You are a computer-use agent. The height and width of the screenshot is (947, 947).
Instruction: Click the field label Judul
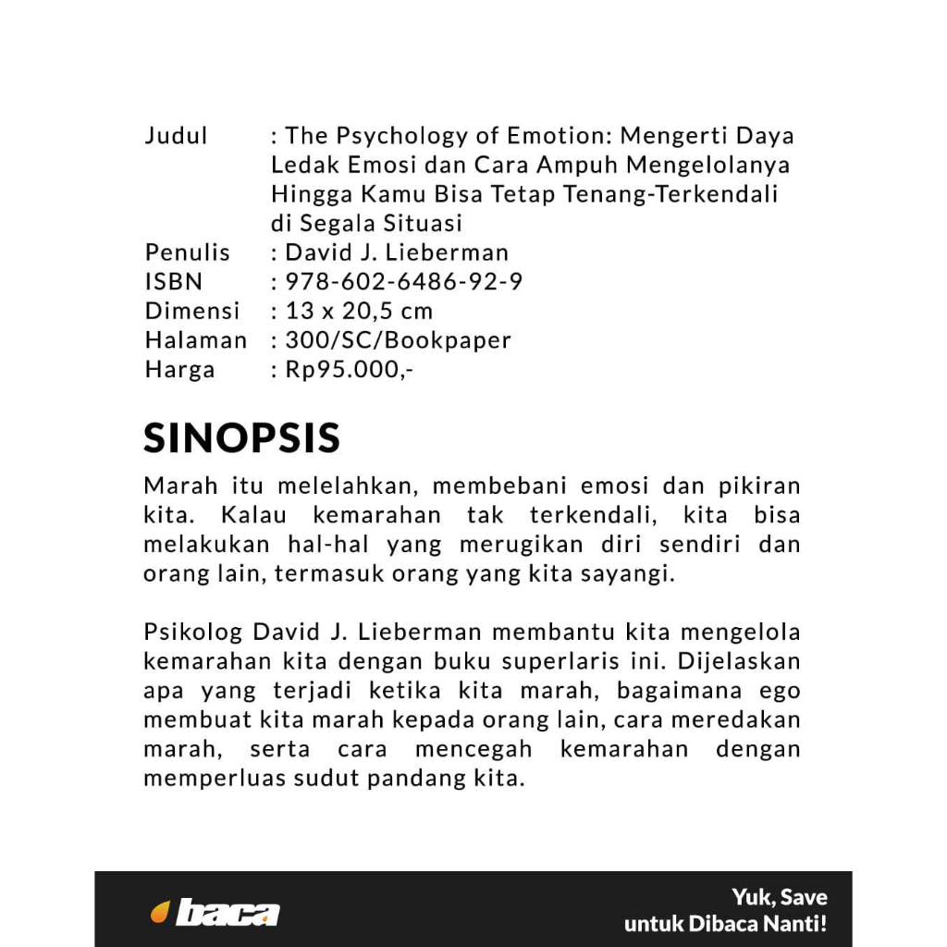pos(176,137)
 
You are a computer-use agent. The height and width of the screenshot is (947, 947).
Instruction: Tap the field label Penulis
pos(188,252)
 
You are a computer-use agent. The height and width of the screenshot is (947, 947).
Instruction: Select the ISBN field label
pos(173,282)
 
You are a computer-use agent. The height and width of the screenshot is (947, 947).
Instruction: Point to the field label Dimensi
pos(192,311)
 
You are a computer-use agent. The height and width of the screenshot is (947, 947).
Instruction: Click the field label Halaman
pos(196,340)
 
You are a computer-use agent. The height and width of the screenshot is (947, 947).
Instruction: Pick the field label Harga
pos(179,370)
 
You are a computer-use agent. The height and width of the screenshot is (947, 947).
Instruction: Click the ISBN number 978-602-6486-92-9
pos(404,282)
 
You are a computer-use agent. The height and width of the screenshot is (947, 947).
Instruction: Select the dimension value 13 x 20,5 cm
pos(359,311)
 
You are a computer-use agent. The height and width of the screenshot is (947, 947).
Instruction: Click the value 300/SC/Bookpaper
pos(399,340)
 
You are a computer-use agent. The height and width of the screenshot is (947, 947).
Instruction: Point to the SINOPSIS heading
pos(242,437)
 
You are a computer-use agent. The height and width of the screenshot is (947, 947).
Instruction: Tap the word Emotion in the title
pos(556,137)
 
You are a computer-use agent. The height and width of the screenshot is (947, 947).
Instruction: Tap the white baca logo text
pos(228,913)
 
